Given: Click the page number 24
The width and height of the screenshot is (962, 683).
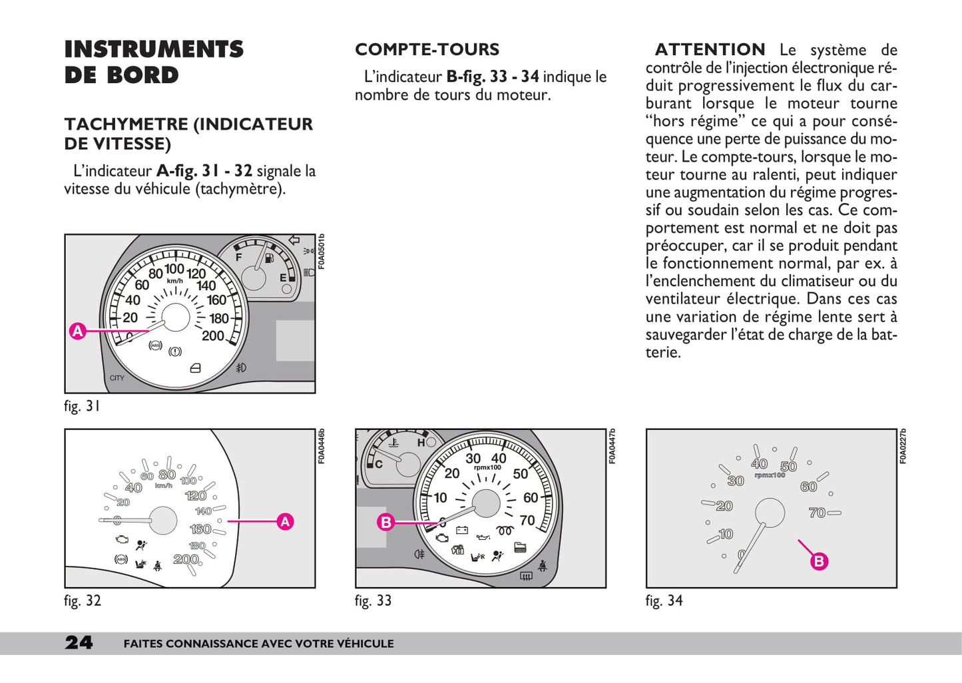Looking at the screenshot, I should pyautogui.click(x=79, y=642).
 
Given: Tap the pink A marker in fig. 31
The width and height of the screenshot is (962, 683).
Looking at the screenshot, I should pyautogui.click(x=78, y=331).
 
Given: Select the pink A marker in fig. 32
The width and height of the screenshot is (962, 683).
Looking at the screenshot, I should pyautogui.click(x=285, y=521).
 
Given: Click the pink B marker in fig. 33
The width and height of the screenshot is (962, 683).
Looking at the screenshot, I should pyautogui.click(x=385, y=523).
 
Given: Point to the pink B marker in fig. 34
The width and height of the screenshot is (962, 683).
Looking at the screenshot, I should pyautogui.click(x=819, y=561).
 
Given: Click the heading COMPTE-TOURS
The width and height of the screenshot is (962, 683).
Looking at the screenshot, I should pyautogui.click(x=427, y=50).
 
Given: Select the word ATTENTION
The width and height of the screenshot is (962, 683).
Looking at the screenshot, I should pyautogui.click(x=710, y=50).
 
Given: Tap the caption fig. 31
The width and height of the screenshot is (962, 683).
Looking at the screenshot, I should pyautogui.click(x=82, y=406).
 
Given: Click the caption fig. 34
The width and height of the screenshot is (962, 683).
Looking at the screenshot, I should pyautogui.click(x=664, y=600).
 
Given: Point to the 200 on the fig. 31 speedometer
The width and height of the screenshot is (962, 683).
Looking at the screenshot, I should pyautogui.click(x=213, y=336).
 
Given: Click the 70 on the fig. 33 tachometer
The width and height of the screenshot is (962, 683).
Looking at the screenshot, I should pyautogui.click(x=527, y=521).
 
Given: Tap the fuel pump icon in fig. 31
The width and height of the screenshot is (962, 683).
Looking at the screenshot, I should pyautogui.click(x=268, y=258).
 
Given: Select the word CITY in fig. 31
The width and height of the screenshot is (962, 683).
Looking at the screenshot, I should pyautogui.click(x=117, y=378).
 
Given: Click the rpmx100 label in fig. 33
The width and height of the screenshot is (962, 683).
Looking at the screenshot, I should pyautogui.click(x=487, y=467).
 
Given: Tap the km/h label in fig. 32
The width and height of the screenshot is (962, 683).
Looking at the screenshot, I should pyautogui.click(x=164, y=485).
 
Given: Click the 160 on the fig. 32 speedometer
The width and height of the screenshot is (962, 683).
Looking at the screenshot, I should pyautogui.click(x=200, y=529).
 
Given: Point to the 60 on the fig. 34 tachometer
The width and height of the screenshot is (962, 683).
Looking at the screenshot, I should pyautogui.click(x=808, y=487).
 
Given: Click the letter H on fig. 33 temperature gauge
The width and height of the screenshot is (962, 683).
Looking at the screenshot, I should pyautogui.click(x=421, y=443).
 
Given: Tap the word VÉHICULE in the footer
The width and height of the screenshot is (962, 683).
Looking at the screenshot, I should pyautogui.click(x=365, y=644).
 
